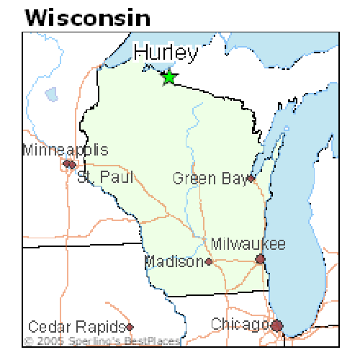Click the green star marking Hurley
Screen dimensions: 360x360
(168, 76)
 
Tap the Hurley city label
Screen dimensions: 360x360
(166, 53)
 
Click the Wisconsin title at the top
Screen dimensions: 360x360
(88, 17)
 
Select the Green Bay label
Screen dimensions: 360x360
(210, 178)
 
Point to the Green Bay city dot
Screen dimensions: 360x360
(251, 178)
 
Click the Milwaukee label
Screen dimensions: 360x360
(248, 244)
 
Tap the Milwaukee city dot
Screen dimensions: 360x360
(261, 258)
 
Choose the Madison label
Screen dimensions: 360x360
(174, 261)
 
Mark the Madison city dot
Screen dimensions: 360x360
(209, 262)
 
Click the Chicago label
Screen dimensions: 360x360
(240, 325)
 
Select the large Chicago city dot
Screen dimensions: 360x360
(276, 326)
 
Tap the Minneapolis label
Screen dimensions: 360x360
(66, 150)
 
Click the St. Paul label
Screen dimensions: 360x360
(105, 176)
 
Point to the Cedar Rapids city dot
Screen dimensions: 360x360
(129, 326)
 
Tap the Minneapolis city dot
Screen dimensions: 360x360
(66, 163)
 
